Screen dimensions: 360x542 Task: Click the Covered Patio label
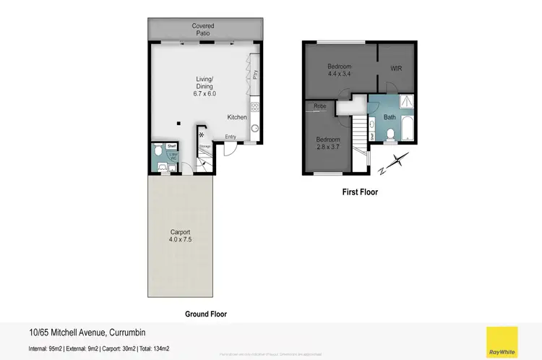pos(203,30)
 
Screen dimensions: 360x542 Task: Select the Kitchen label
pos(237,117)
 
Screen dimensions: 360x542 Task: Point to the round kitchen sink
pos(255,129)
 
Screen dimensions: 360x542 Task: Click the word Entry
pos(231,137)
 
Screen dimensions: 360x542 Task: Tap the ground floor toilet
pos(158,154)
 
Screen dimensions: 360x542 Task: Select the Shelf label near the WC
pos(171,146)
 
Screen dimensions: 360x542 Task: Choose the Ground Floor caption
pos(206,314)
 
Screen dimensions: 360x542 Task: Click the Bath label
pos(390,117)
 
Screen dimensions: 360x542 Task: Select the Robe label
pos(319,107)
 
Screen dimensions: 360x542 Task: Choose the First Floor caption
pos(360,192)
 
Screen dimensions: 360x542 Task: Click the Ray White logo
pos(502,342)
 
